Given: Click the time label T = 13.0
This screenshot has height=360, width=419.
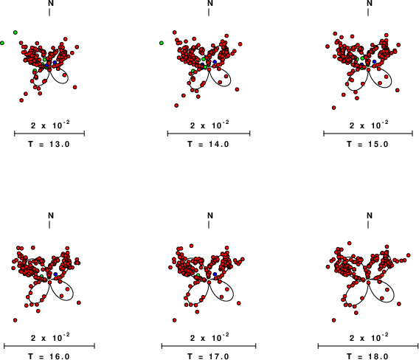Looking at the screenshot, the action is point(49,145).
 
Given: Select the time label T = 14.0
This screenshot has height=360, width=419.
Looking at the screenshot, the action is point(208,145).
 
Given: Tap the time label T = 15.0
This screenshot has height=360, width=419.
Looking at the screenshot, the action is point(367,145).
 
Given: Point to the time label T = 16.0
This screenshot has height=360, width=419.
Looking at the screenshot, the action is point(49,356).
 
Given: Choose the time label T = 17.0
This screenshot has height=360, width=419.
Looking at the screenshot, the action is point(208,356).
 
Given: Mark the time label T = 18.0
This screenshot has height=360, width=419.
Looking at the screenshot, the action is point(367,356).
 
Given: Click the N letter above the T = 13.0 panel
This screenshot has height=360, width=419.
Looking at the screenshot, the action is point(51,3).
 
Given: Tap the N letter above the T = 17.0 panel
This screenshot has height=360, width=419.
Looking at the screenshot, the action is point(210,215).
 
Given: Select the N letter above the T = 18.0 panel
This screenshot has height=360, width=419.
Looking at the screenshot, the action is point(370,215).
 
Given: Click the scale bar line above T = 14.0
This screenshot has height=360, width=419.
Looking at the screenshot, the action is point(209,134).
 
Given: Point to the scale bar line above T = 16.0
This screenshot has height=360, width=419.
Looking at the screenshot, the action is point(49,346).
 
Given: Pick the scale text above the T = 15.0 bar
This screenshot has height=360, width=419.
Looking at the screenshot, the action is point(369,125).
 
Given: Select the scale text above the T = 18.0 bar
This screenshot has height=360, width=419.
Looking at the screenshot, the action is point(369,337).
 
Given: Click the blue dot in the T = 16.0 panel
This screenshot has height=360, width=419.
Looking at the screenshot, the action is point(55,274).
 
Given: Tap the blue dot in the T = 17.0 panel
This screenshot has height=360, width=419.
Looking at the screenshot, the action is point(215,274).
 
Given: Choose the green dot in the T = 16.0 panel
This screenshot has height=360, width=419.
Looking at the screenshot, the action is point(42,276).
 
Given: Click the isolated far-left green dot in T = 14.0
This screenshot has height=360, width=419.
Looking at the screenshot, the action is point(162,43).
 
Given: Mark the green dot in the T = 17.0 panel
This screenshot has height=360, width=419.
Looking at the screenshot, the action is point(198,275).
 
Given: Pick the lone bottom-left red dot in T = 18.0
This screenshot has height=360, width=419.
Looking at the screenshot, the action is point(333,320).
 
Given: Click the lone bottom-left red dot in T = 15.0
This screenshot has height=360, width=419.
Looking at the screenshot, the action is point(333,108).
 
